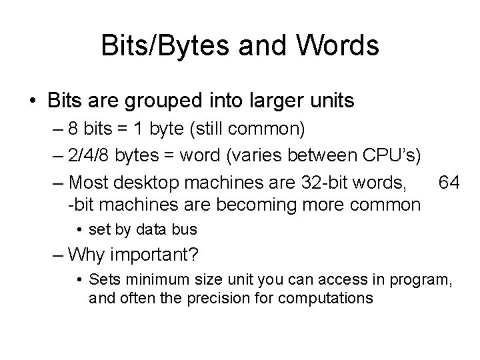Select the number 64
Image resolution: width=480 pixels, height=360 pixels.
[x=448, y=182]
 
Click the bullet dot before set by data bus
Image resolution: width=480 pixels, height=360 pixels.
[x=79, y=230]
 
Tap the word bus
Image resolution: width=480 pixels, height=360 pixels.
[x=185, y=230]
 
